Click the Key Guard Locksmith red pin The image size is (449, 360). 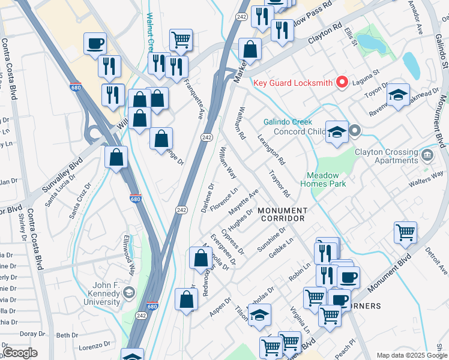[343, 82]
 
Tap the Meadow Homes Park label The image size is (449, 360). [327, 179]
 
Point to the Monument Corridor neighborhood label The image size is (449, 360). [282, 214]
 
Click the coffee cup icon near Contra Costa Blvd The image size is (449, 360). [95, 44]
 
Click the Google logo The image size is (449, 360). [20, 353]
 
